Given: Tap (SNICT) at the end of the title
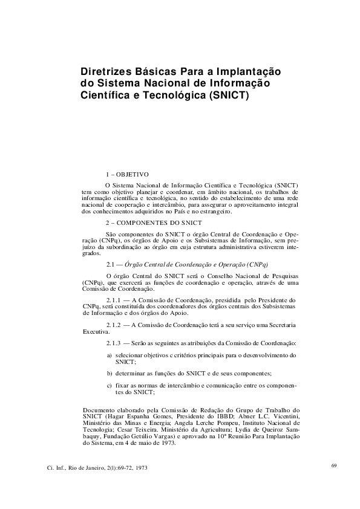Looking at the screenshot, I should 228,96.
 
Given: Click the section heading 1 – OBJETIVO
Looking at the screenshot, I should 127,174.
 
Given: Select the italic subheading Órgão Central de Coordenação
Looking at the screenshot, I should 181,265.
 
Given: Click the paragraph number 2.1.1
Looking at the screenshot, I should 113,300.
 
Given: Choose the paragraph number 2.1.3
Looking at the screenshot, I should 113,343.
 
